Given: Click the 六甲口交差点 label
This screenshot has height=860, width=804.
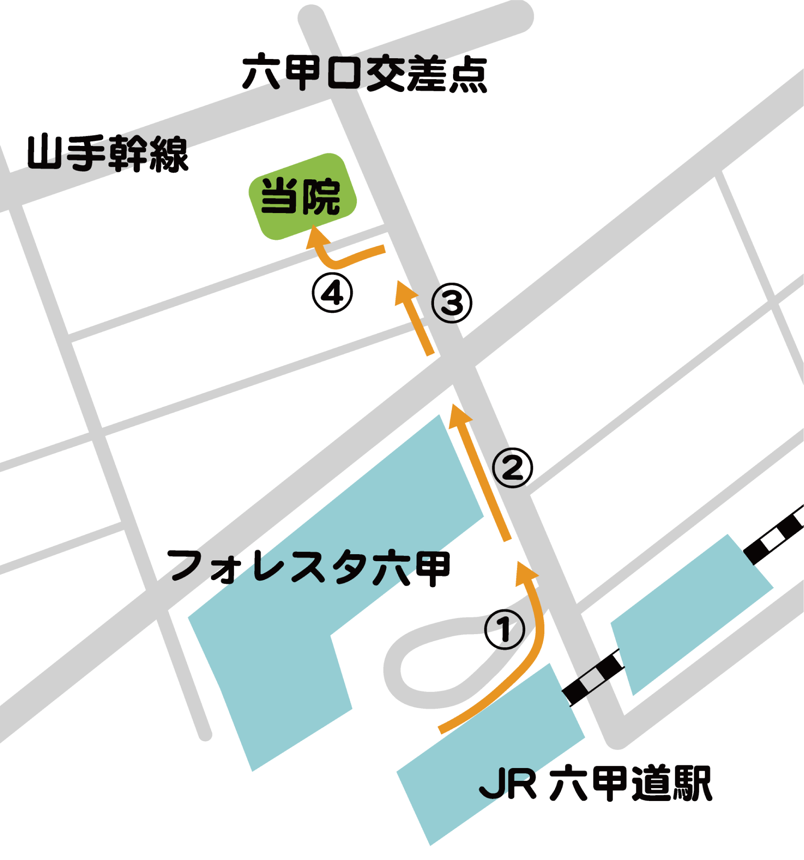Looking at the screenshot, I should pyautogui.click(x=365, y=73).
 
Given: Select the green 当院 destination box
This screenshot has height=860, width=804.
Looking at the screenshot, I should pyautogui.click(x=302, y=196).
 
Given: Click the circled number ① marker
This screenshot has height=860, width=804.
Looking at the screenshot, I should pyautogui.click(x=504, y=629).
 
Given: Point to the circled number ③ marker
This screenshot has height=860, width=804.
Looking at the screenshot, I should pyautogui.click(x=452, y=303).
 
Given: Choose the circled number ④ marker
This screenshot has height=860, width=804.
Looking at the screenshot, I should pyautogui.click(x=332, y=293).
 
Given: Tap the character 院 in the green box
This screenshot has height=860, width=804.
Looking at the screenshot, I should pyautogui.click(x=321, y=197).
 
